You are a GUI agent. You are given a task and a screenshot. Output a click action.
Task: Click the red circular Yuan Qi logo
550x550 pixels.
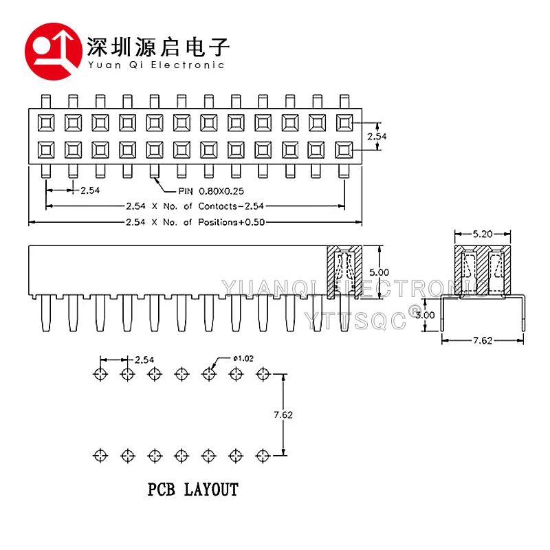(54, 52)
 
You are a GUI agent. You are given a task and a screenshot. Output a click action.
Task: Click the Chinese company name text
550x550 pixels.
(158, 47)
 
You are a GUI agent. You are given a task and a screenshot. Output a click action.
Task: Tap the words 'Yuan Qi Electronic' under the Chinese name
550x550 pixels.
(156, 65)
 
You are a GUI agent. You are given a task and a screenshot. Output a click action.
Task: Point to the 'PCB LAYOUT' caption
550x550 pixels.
(193, 489)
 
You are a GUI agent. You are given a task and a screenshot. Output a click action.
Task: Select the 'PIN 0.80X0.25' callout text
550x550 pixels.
(211, 191)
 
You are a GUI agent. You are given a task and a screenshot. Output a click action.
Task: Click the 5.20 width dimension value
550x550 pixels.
(483, 234)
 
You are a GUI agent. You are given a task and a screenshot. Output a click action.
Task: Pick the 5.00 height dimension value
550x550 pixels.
(379, 272)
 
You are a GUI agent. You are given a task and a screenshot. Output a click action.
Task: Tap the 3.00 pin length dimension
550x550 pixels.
(425, 315)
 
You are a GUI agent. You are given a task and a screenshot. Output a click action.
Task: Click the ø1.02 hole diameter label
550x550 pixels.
(243, 358)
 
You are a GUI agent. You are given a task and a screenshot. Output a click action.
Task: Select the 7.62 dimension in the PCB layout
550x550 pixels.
(283, 415)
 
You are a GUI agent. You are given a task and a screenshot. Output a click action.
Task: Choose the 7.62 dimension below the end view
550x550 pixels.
(483, 340)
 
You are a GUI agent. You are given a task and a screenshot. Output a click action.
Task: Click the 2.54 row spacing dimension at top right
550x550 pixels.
(377, 136)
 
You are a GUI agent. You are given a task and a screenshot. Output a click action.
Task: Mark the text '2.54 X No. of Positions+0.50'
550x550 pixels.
(195, 222)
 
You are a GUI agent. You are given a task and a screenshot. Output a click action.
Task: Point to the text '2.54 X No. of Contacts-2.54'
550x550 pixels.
(195, 206)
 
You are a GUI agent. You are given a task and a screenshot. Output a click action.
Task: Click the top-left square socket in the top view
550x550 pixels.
(46, 123)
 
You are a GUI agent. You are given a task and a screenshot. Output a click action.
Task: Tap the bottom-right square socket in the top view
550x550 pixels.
(344, 150)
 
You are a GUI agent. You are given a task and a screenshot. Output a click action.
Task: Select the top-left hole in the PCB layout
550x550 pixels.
(100, 374)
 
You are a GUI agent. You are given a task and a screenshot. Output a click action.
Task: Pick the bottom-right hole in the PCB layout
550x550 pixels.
(263, 456)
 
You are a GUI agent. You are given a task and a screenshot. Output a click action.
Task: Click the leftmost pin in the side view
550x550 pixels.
(46, 313)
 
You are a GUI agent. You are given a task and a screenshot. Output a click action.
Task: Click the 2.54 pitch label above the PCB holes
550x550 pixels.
(144, 360)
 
